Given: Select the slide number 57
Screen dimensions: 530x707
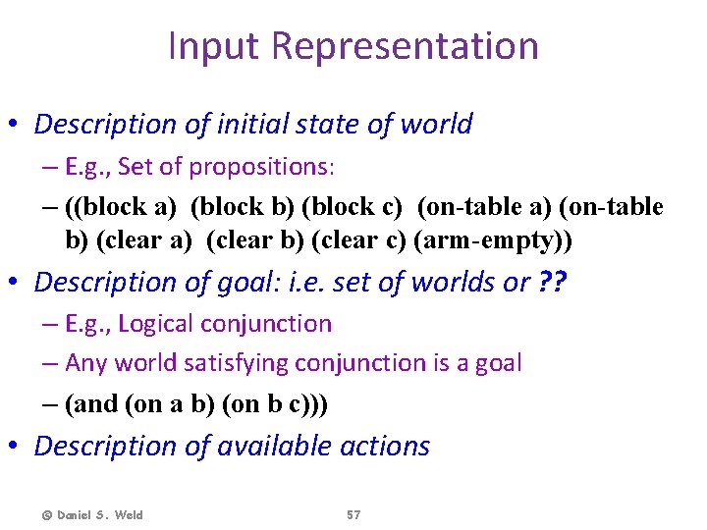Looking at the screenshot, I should pos(353,515).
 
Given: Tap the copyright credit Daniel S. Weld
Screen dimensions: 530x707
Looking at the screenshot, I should pos(92,515).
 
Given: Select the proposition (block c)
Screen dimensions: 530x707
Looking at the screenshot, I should pos(353,206).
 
